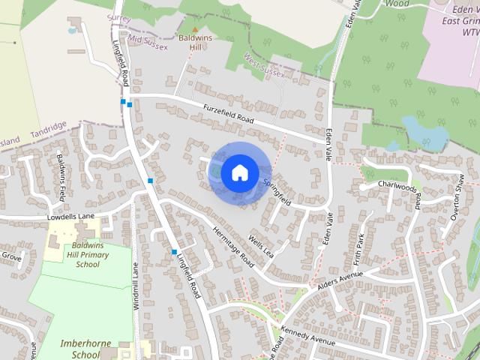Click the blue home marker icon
(x=239, y=172)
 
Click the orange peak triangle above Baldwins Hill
(x=196, y=30)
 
